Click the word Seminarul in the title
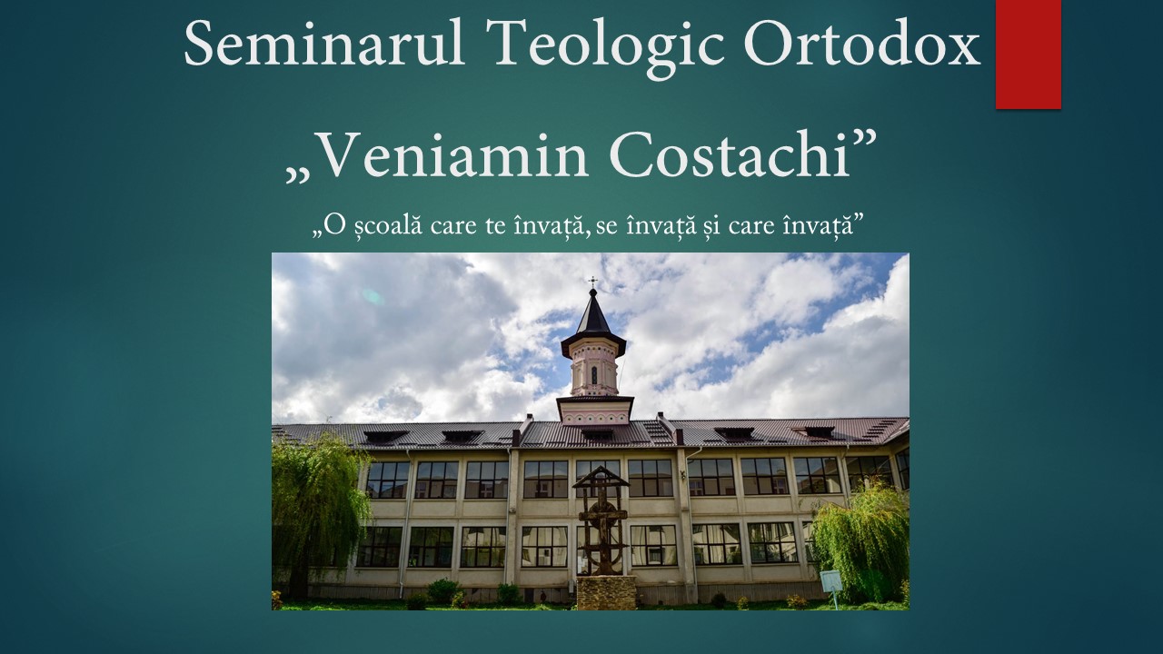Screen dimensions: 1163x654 coord(324,43)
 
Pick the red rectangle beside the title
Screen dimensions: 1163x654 coord(1028,54)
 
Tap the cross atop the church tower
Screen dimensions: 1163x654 coord(593,282)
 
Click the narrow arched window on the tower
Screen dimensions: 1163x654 coord(594,375)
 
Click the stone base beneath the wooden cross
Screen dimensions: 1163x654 coord(607,592)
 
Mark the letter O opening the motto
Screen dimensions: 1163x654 coord(337,226)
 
